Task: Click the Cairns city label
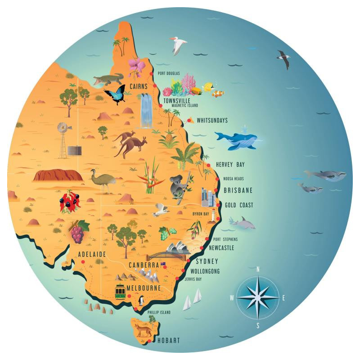click(138, 85)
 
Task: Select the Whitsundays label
click(212, 121)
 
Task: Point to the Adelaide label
click(92, 254)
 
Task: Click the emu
click(101, 179)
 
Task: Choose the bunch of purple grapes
click(78, 232)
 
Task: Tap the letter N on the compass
click(258, 270)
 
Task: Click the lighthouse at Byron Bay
click(214, 216)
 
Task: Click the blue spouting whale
click(236, 139)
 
